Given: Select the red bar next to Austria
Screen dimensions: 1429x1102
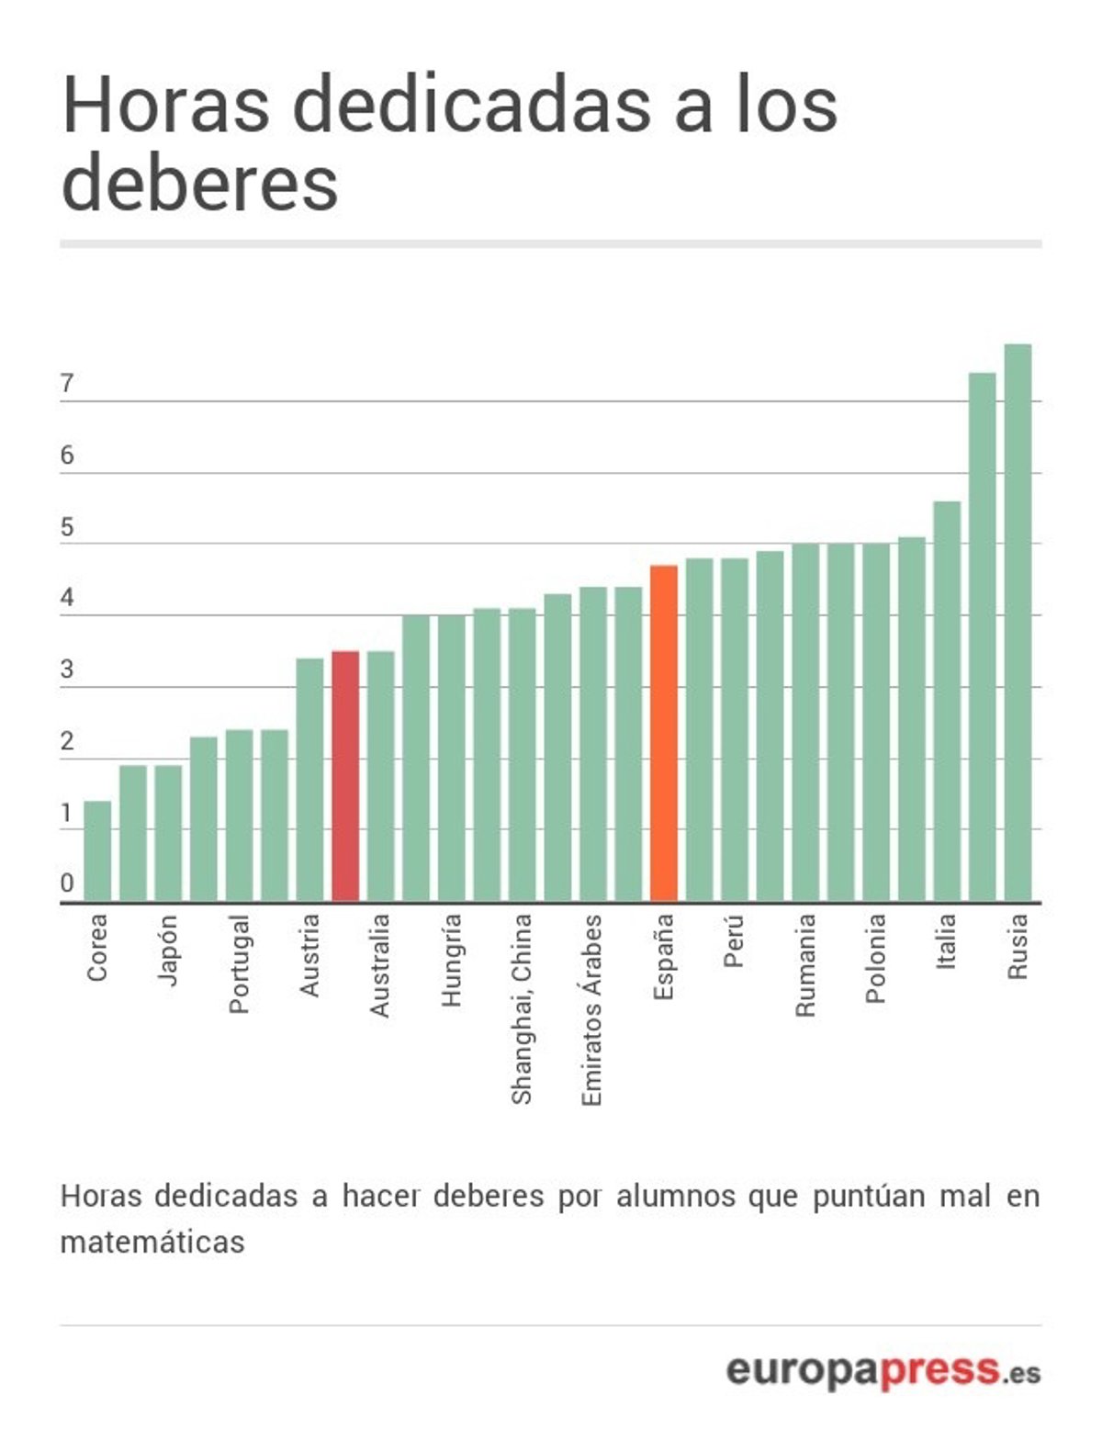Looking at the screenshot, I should pyautogui.click(x=344, y=776).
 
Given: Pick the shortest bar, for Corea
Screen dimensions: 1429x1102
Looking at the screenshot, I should pyautogui.click(x=97, y=850).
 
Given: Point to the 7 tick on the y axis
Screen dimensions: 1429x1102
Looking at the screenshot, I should pyautogui.click(x=67, y=383).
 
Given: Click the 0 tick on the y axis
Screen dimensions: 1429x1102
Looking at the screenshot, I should pyautogui.click(x=67, y=883).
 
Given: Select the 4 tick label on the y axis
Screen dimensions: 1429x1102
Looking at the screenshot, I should pyautogui.click(x=67, y=598).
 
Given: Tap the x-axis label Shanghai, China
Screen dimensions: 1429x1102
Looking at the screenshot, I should pyautogui.click(x=522, y=1008).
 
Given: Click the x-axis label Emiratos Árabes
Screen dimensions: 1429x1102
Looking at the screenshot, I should pyautogui.click(x=592, y=1009).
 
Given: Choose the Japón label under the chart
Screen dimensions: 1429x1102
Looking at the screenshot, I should pyautogui.click(x=168, y=950).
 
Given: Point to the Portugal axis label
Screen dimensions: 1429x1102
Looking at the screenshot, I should pyautogui.click(x=239, y=963).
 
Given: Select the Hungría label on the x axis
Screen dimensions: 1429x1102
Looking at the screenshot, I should pyautogui.click(x=451, y=960).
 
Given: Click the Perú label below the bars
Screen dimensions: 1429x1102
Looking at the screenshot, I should pyautogui.click(x=734, y=940).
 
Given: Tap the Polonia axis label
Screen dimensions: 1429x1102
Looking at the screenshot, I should pyautogui.click(x=875, y=958).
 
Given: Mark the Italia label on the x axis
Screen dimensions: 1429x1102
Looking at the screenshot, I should pyautogui.click(x=946, y=940).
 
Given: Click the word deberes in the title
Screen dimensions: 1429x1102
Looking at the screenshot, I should pyautogui.click(x=200, y=182).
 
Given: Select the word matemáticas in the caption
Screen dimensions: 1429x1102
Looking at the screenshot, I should pyautogui.click(x=152, y=1242).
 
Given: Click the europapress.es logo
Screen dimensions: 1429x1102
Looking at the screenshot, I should pyautogui.click(x=883, y=1370).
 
